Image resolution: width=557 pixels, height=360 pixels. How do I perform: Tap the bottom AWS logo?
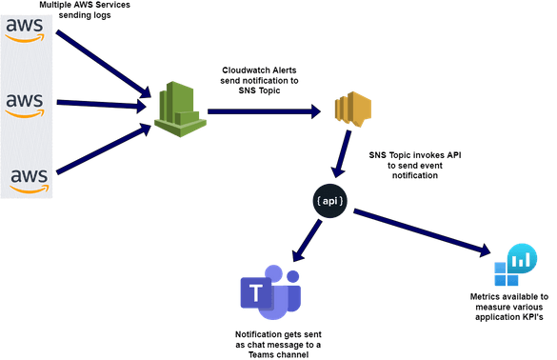(26, 178)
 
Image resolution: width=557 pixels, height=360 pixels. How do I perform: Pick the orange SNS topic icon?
(350, 112)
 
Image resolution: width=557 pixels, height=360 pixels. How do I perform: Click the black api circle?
(328, 201)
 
